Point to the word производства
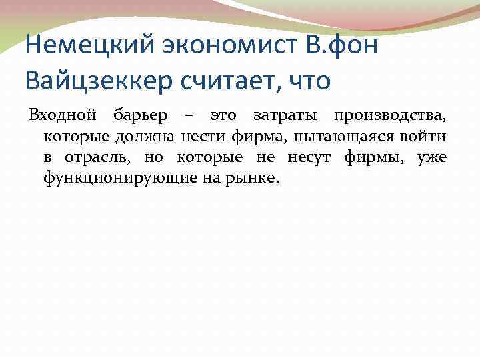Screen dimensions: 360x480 [x=391, y=117]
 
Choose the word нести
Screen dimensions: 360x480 [x=207, y=137]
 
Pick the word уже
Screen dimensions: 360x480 [x=435, y=158]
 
